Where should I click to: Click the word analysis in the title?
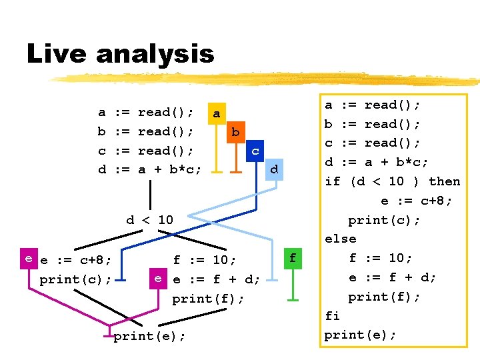[155, 54]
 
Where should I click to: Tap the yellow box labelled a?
[215, 114]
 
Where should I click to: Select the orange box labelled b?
[235, 132]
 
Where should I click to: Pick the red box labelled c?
[255, 151]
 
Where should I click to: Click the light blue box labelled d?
[273, 170]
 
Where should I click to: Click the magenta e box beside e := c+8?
[29, 259]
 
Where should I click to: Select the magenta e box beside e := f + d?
[158, 279]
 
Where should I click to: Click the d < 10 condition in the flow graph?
[149, 219]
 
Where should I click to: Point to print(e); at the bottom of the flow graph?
[149, 337]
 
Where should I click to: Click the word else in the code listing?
[340, 239]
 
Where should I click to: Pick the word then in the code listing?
[444, 181]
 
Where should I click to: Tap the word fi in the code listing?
[332, 316]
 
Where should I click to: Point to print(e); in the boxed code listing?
[360, 335]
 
